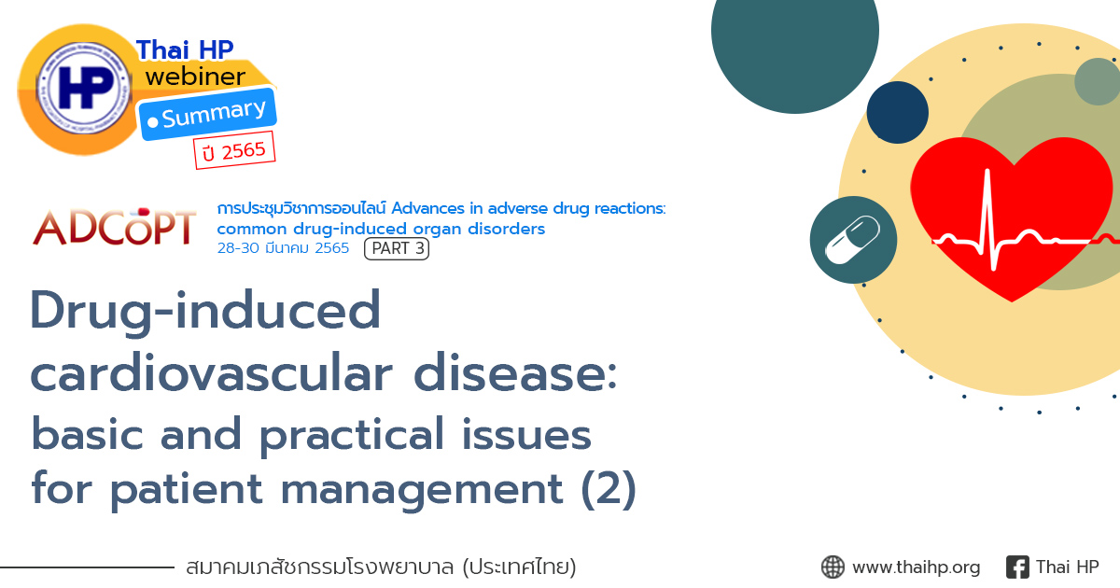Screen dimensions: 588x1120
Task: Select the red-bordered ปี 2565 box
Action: click(x=233, y=150)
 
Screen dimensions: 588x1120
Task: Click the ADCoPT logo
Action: click(x=115, y=228)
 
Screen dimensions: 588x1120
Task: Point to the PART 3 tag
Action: click(x=397, y=249)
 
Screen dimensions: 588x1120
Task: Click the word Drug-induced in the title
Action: click(x=206, y=310)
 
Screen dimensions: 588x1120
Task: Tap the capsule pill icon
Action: click(x=853, y=240)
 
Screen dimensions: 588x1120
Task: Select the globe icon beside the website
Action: click(x=833, y=567)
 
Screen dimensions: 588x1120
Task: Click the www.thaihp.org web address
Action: click(x=916, y=567)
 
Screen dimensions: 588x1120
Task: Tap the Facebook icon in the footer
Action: click(x=1017, y=567)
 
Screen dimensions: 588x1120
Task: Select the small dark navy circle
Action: click(x=897, y=112)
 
